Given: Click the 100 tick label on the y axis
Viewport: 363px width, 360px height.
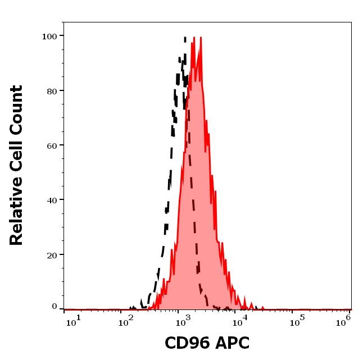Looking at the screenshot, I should coord(50,37).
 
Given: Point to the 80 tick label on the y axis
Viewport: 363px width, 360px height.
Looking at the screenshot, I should coord(52,91).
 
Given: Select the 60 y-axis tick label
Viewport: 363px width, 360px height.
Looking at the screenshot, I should coord(52,145).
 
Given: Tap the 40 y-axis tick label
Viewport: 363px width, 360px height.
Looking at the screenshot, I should coord(52,200).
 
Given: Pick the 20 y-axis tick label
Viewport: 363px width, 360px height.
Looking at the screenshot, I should coord(52,255).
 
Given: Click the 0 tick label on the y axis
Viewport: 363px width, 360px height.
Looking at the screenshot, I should coord(55,307).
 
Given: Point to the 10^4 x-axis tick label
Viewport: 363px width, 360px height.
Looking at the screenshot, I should coord(241,321).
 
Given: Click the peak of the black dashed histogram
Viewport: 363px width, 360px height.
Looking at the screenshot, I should coord(185,38).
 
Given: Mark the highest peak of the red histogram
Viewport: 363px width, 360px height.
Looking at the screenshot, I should coord(200,38).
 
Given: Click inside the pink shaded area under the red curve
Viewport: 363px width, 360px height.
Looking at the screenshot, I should coord(197,197).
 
